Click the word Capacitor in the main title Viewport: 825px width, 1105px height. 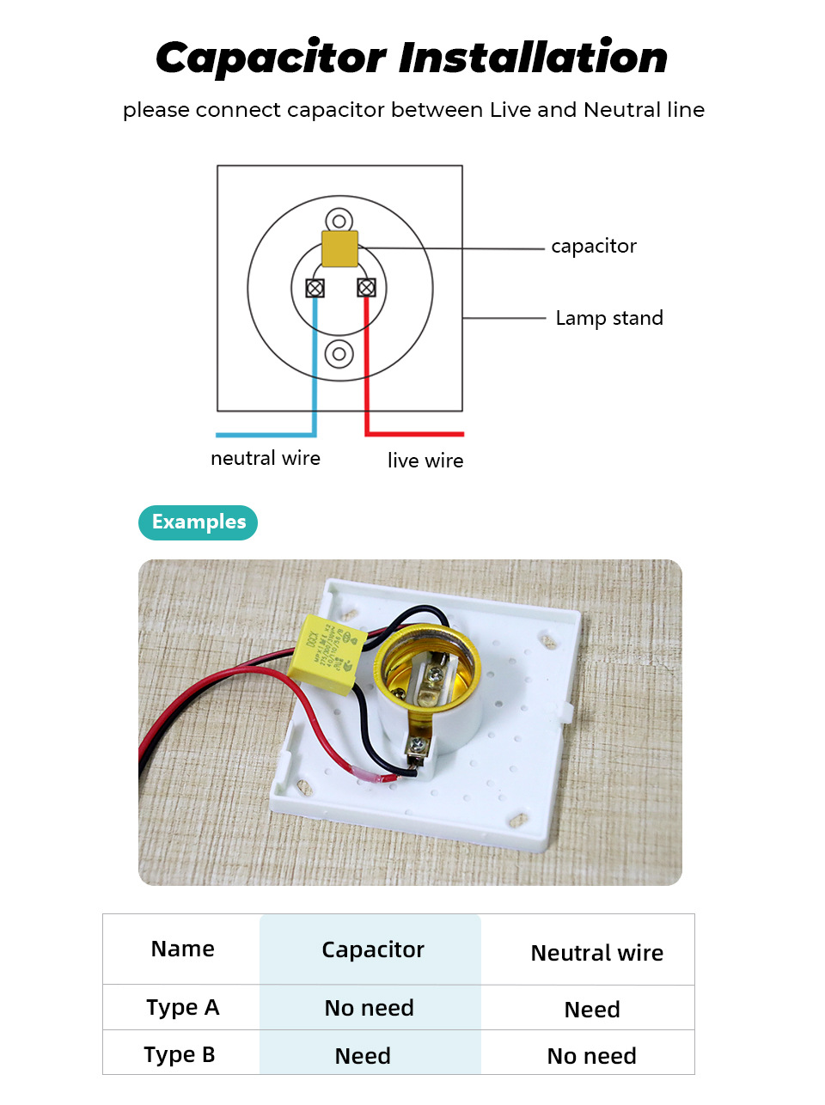coord(271,59)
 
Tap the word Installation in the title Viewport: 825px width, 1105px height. coord(534,58)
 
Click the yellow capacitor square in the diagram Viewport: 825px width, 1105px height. coord(339,248)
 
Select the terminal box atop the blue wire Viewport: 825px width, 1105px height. coord(315,288)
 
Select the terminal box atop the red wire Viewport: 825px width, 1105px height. coord(366,288)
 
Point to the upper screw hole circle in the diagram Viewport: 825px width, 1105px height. coord(339,222)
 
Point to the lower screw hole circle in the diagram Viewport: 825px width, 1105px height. coord(339,353)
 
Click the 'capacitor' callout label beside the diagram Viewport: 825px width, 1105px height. coord(594,247)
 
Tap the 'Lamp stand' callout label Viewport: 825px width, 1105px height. coord(609,318)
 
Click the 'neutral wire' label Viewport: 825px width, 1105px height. coord(266,458)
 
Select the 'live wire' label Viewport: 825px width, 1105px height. coord(425,461)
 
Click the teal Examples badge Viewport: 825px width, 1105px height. coord(199,522)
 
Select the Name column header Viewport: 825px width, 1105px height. coord(182,949)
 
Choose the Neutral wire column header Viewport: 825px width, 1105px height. coord(596,953)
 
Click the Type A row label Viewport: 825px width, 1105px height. coord(182,1007)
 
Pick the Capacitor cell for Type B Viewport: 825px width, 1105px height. coord(363,1056)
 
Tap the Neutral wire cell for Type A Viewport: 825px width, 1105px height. coord(592,1010)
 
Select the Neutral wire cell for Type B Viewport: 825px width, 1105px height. coord(592,1056)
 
